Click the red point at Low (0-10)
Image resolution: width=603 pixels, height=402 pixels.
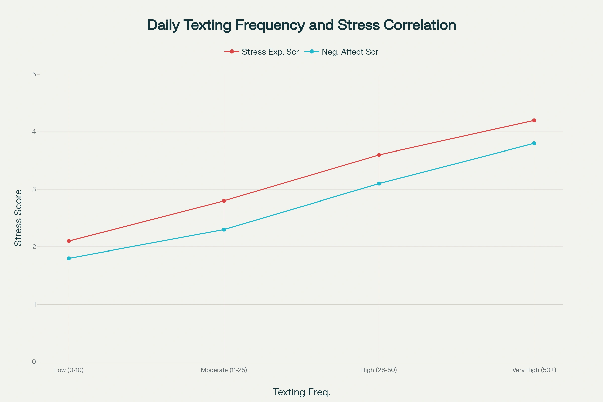pyautogui.click(x=69, y=241)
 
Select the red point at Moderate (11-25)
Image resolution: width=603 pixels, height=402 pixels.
pyautogui.click(x=224, y=201)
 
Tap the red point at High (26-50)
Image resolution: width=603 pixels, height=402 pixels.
pyautogui.click(x=379, y=155)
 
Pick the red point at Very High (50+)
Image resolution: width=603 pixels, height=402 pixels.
pyautogui.click(x=534, y=121)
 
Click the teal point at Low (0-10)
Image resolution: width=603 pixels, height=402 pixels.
pyautogui.click(x=69, y=259)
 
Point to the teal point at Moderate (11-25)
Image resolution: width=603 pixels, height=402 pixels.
pyautogui.click(x=224, y=229)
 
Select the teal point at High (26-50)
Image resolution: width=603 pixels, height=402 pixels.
pyautogui.click(x=379, y=184)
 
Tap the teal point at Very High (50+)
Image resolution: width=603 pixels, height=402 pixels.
pyautogui.click(x=534, y=143)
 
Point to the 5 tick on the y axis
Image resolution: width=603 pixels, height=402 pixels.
pyautogui.click(x=34, y=74)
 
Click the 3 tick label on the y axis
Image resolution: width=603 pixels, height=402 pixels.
pyautogui.click(x=34, y=189)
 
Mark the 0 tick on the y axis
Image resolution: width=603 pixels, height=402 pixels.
pyautogui.click(x=34, y=362)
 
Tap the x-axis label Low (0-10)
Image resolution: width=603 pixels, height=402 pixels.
pyautogui.click(x=69, y=370)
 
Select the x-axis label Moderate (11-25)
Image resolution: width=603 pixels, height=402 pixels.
pyautogui.click(x=224, y=370)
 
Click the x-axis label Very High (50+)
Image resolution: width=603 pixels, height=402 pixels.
pyautogui.click(x=534, y=370)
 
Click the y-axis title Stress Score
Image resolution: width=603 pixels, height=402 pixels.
pyautogui.click(x=18, y=218)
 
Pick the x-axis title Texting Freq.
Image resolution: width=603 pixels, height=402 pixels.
pyautogui.click(x=301, y=392)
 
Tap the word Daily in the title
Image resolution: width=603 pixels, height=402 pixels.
pyautogui.click(x=163, y=25)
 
